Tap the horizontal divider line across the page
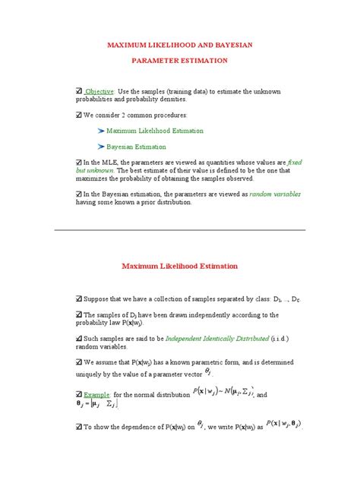(x=180, y=229)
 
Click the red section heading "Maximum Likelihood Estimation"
(x=180, y=267)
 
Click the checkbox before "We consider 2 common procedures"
(x=81, y=115)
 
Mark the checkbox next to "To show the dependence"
(x=81, y=428)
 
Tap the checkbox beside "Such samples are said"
(x=81, y=336)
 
